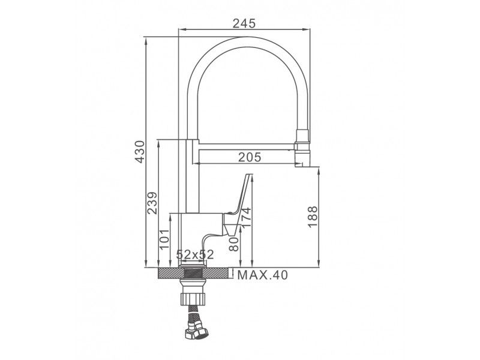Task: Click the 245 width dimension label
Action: pyautogui.click(x=244, y=23)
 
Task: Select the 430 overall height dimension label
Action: pyautogui.click(x=140, y=152)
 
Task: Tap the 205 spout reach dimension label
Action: pyautogui.click(x=250, y=157)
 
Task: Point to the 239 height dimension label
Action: pyautogui.click(x=152, y=203)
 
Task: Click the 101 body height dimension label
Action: pyautogui.click(x=164, y=239)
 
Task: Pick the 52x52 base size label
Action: pyautogui.click(x=195, y=254)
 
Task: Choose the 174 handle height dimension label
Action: pyautogui.click(x=245, y=218)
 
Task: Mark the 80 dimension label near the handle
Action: pyautogui.click(x=234, y=244)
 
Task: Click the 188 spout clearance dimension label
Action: pyautogui.click(x=313, y=217)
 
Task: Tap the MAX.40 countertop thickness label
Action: pyautogui.click(x=263, y=275)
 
